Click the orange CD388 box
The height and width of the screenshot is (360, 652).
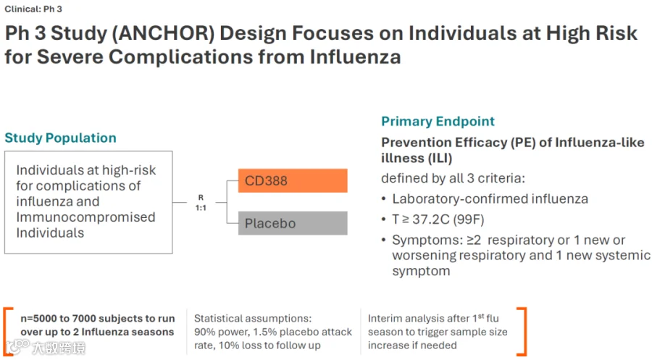tap(293, 180)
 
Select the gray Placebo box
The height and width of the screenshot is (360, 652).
tap(293, 223)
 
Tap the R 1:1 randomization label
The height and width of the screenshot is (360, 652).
tap(201, 202)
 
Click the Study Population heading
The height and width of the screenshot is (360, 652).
tap(60, 138)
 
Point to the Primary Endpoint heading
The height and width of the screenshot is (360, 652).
tap(438, 121)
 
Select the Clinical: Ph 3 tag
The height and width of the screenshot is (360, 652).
tap(33, 9)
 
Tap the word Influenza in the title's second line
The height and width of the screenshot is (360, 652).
tap(355, 57)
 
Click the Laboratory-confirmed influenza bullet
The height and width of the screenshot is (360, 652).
tap(490, 198)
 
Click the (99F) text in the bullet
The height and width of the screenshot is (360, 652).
tap(469, 219)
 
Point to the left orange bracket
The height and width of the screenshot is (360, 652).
tap(8, 332)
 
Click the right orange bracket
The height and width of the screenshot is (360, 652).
tap(522, 332)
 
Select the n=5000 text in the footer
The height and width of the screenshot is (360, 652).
tap(38, 319)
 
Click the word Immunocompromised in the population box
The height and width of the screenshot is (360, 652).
tap(85, 217)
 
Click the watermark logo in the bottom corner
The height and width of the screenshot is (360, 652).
tap(46, 347)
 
